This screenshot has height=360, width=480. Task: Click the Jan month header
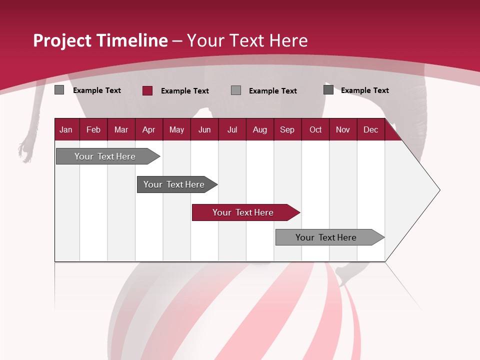[x=66, y=129]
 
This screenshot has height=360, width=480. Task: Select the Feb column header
[x=93, y=129]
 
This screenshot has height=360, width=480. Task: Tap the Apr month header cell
[x=148, y=129]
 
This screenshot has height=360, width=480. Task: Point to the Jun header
[x=204, y=129]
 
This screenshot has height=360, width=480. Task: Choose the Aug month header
[x=259, y=129]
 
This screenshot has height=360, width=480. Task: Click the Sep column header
[x=287, y=129]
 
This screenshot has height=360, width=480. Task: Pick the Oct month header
[x=315, y=129]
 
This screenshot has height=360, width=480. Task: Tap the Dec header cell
[x=370, y=129]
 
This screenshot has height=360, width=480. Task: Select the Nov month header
[x=343, y=129]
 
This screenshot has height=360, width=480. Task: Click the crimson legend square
[x=147, y=90]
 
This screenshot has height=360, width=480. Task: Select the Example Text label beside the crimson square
[x=184, y=91]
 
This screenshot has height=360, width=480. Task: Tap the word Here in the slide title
[x=288, y=40]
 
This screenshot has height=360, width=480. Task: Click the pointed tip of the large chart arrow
[x=438, y=190]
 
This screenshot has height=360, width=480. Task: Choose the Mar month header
[x=121, y=129]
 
